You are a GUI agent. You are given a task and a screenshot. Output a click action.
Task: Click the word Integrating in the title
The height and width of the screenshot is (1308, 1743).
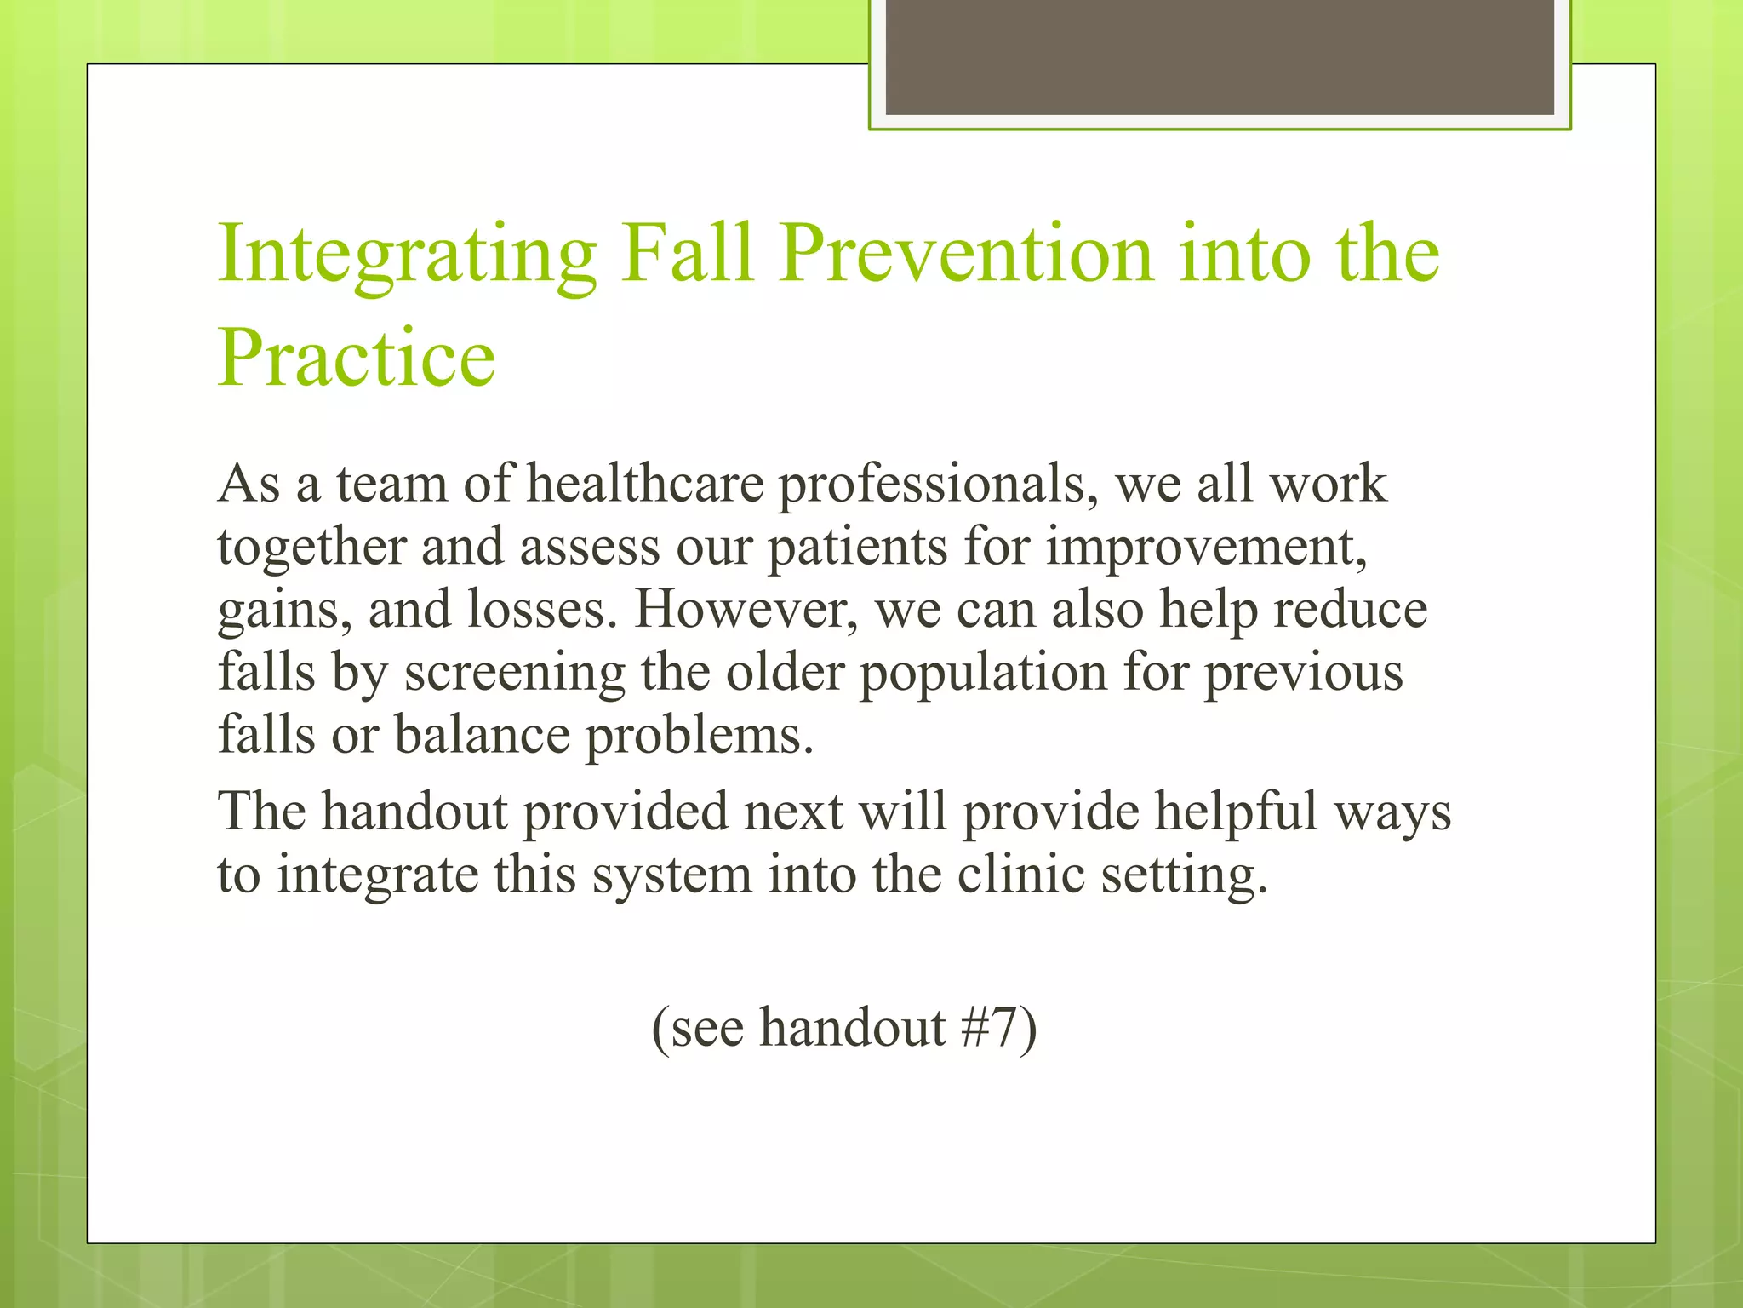407,255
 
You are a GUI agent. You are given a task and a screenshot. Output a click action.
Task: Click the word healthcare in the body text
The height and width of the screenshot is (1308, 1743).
645,484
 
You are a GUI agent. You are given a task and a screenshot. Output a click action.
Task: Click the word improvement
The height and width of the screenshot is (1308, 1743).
1206,548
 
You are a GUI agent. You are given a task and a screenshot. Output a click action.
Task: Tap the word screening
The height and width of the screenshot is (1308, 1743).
514,674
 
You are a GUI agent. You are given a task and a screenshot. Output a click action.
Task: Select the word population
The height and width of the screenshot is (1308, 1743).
983,674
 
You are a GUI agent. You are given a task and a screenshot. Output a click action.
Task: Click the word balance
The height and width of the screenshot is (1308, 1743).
482,734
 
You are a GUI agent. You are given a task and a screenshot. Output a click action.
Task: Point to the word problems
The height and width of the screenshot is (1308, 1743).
699,736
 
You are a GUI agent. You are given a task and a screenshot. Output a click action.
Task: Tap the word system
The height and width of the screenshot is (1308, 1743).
671,875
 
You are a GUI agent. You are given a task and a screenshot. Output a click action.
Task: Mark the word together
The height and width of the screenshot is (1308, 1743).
311,548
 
